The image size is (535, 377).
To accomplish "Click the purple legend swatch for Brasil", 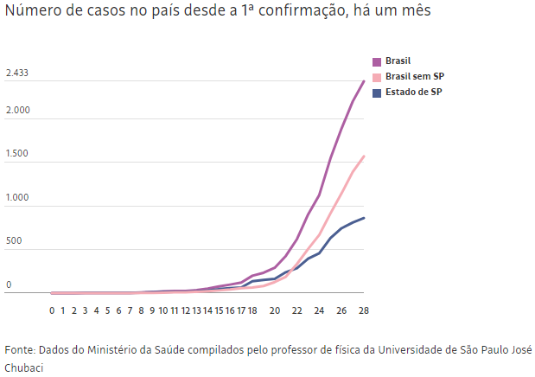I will click(x=377, y=61).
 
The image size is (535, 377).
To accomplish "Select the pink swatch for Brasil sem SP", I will click(x=377, y=77).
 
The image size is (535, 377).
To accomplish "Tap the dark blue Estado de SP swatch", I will click(x=377, y=93).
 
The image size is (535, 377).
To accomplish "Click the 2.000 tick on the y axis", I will click(x=18, y=111).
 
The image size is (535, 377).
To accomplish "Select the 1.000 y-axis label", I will click(x=18, y=198).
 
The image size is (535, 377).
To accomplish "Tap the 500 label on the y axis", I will click(x=14, y=241).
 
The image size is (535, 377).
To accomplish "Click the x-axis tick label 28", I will click(x=364, y=310).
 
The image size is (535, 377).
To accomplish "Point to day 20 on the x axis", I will click(x=275, y=310).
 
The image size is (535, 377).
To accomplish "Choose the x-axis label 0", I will click(x=52, y=310).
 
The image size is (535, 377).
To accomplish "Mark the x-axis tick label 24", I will click(x=319, y=310).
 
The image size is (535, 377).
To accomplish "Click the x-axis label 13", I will click(x=196, y=310).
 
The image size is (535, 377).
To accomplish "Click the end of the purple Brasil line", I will click(x=364, y=81).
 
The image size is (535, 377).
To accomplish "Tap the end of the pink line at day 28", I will click(x=364, y=157).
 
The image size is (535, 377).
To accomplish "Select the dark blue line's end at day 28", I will click(x=364, y=218).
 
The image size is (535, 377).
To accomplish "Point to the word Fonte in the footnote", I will click(x=19, y=350).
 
